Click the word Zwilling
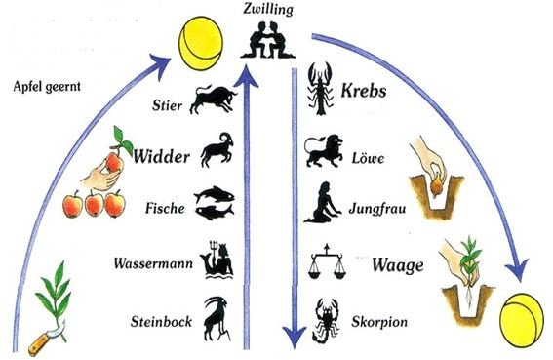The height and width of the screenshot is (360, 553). (268, 9)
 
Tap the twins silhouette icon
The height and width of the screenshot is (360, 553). (268, 40)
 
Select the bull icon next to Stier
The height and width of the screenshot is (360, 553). (213, 100)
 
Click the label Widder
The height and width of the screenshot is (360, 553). (161, 156)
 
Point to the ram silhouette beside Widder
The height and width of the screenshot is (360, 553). (217, 149)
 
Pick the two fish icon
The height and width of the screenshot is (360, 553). (214, 202)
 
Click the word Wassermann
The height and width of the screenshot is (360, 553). (153, 263)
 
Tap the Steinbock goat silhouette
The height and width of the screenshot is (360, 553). (217, 318)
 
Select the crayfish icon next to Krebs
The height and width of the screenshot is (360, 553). (320, 89)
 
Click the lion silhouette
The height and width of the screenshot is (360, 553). (324, 150)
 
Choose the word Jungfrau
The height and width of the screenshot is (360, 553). (377, 208)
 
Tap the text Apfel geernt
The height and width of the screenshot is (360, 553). (47, 87)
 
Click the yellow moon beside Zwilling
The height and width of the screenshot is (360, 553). (201, 43)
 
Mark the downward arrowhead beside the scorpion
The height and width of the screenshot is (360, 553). (295, 337)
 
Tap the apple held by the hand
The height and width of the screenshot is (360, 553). (114, 162)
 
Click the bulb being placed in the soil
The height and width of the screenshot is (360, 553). (437, 187)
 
